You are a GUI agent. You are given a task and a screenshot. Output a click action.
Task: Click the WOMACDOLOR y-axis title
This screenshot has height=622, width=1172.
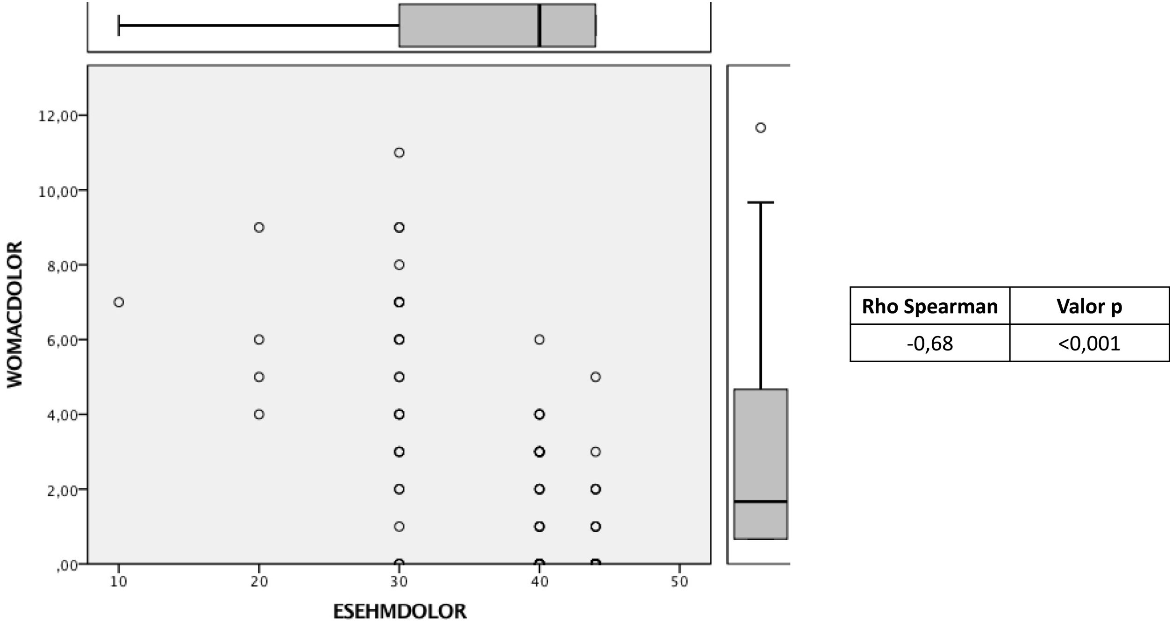(x=15, y=314)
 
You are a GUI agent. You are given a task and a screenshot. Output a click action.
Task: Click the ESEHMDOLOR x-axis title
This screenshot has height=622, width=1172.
(x=400, y=611)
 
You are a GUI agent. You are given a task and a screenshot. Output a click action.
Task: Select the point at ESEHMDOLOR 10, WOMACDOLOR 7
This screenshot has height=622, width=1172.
(x=119, y=302)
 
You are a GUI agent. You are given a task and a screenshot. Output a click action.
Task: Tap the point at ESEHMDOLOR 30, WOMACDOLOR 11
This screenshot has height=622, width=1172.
(x=399, y=153)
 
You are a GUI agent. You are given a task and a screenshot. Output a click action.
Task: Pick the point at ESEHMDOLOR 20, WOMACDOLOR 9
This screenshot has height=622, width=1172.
(x=259, y=228)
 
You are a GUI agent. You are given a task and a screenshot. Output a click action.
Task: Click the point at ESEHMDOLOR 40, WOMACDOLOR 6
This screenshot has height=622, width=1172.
(x=539, y=340)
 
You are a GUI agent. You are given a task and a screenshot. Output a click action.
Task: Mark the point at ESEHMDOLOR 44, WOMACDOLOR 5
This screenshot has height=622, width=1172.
(x=595, y=377)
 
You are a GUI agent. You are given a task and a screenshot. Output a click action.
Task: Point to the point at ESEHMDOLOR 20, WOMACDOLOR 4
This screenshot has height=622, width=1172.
(x=259, y=415)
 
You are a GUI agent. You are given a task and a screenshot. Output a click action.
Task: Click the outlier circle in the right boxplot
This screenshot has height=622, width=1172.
(x=761, y=128)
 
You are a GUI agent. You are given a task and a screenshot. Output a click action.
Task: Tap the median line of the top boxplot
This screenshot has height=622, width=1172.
(x=540, y=25)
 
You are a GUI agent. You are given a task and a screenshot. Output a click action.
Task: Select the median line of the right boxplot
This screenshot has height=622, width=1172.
(x=761, y=501)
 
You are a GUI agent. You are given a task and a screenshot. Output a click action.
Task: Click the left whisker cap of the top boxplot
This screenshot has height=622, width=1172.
(x=119, y=25)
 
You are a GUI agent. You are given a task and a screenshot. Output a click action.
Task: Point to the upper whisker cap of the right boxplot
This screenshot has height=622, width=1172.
(x=761, y=202)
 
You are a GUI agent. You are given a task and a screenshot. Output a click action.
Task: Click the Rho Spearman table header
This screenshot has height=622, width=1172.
(x=929, y=307)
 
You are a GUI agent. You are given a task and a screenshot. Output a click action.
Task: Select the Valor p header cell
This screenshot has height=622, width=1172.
(x=1089, y=307)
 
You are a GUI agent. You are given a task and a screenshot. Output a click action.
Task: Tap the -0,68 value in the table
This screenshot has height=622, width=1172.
(x=929, y=343)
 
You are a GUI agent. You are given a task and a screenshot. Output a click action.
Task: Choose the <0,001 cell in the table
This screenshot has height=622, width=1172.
(x=1089, y=343)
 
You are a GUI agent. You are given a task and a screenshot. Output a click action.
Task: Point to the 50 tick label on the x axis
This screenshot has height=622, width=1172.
(x=679, y=582)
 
